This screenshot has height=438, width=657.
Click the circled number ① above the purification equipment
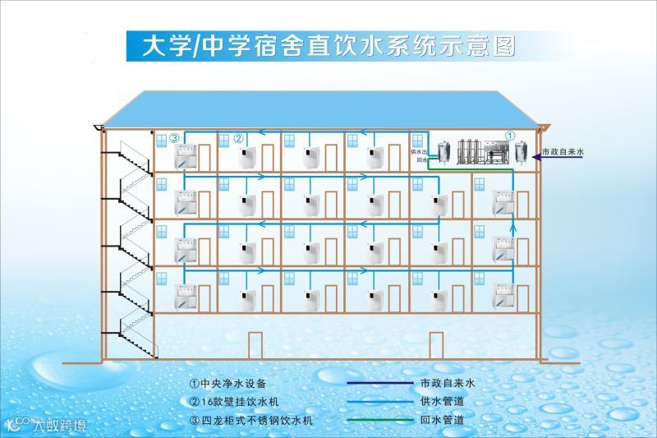pyautogui.click(x=509, y=136)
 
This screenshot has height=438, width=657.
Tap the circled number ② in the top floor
pyautogui.click(x=239, y=138)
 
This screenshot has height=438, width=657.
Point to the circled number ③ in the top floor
pyautogui.click(x=174, y=138)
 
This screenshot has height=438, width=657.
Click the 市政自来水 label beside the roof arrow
pyautogui.click(x=562, y=153)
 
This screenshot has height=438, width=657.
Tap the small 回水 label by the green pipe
pyautogui.click(x=422, y=160)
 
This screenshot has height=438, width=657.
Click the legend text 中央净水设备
pyautogui.click(x=233, y=383)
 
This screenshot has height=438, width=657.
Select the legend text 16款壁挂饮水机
pyautogui.click(x=238, y=402)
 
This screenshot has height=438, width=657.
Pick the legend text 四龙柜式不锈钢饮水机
pyautogui.click(x=251, y=421)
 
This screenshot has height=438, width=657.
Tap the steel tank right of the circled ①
pyautogui.click(x=520, y=152)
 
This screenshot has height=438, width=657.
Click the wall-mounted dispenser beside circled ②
pyautogui.click(x=246, y=158)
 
